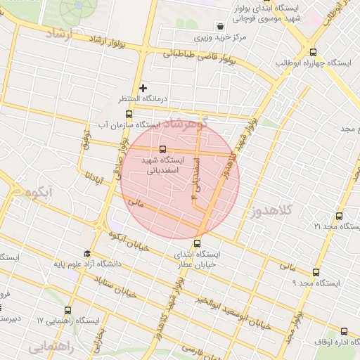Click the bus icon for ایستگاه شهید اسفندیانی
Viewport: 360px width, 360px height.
pyautogui.click(x=162, y=149)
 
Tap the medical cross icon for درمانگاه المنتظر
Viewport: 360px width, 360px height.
pyautogui.click(x=143, y=88)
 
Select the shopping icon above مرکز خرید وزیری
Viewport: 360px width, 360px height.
pyautogui.click(x=221, y=25)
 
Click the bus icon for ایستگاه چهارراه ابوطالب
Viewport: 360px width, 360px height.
pyautogui.click(x=313, y=51)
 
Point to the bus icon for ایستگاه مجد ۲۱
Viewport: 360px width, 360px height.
pyautogui.click(x=339, y=216)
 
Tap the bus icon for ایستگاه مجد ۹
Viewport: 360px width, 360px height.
pyautogui.click(x=314, y=272)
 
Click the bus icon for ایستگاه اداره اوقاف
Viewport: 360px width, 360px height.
pyautogui.click(x=344, y=331)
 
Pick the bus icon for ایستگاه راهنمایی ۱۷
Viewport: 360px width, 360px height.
pyautogui.click(x=68, y=310)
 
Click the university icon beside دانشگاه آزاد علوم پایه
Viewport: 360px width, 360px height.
pyautogui.click(x=87, y=254)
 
